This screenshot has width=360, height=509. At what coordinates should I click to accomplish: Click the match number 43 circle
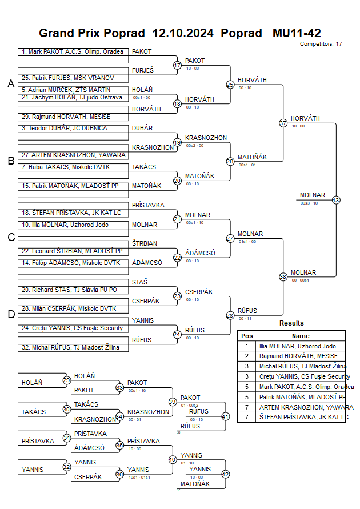tap(335, 200)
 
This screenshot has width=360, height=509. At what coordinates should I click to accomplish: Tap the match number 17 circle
tap(177, 66)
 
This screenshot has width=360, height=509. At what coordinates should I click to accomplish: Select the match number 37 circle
tap(283, 123)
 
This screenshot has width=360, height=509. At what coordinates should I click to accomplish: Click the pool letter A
tap(11, 84)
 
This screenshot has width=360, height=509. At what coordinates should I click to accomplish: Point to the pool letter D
tap(11, 314)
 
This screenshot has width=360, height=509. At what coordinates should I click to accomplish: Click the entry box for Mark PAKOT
tap(73, 51)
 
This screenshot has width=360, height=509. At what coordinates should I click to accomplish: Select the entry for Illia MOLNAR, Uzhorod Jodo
tap(73, 225)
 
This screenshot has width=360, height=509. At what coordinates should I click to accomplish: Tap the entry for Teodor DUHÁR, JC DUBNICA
tap(73, 129)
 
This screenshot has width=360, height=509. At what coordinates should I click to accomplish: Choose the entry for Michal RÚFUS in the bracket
tap(73, 347)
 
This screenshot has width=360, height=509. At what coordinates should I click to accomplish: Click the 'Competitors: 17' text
tap(321, 44)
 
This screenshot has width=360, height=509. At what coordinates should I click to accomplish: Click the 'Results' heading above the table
tap(291, 323)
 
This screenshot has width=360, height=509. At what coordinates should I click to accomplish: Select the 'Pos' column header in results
tap(247, 336)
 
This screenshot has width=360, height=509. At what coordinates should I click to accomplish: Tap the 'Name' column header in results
tap(301, 336)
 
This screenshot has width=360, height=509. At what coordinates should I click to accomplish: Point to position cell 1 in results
tap(247, 346)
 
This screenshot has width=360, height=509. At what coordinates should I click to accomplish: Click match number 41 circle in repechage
tap(225, 416)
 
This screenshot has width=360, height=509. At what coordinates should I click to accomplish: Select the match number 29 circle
tap(66, 380)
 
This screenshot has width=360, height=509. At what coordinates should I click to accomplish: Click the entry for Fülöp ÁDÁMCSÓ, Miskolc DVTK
tap(73, 263)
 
